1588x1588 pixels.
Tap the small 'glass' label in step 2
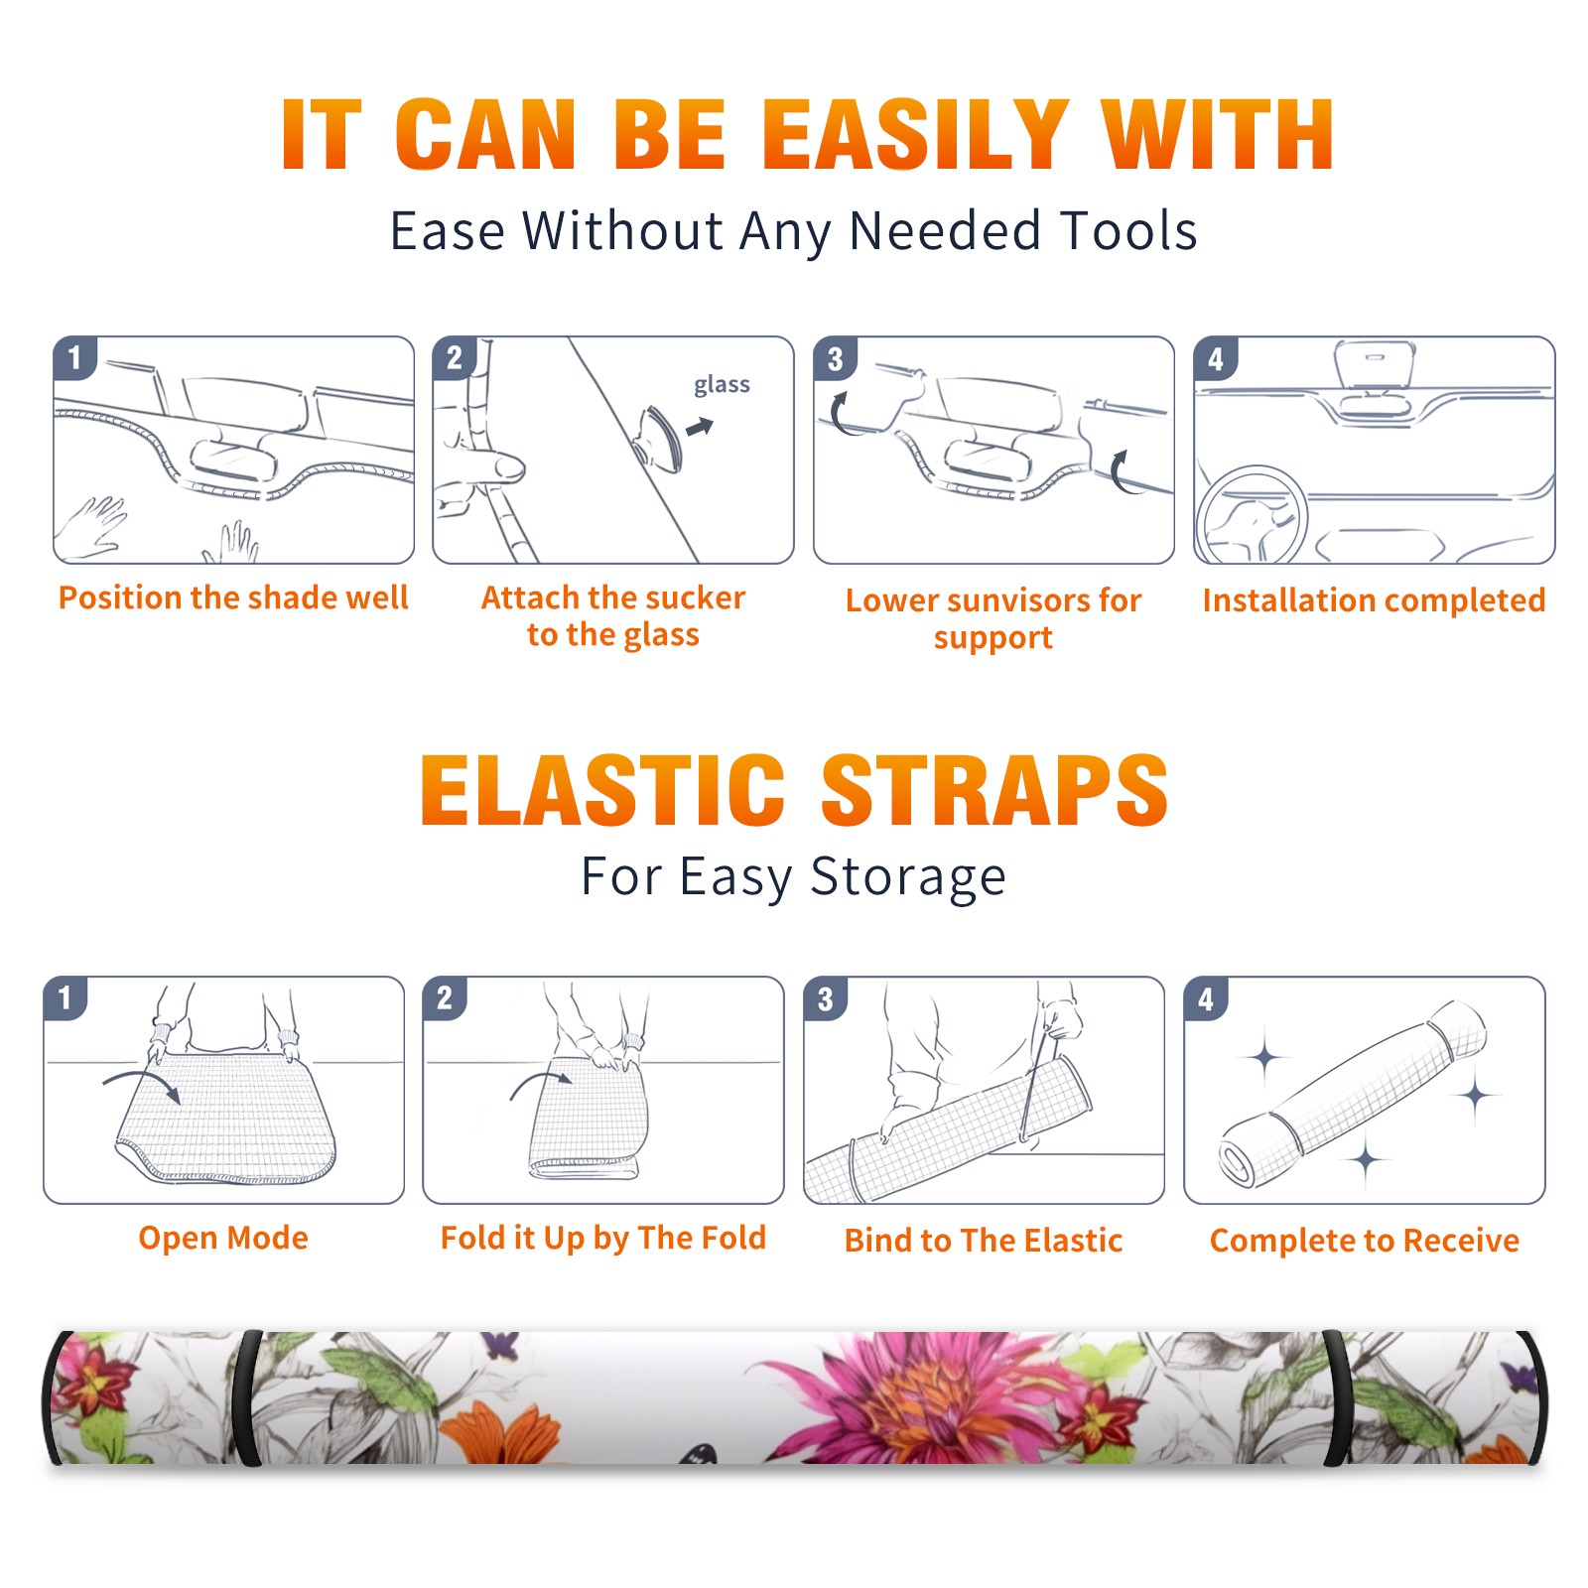pyautogui.click(x=722, y=385)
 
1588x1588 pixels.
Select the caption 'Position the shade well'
pyautogui.click(x=233, y=597)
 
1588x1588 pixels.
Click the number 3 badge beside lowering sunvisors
pyautogui.click(x=835, y=358)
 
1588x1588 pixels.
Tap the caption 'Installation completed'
pyautogui.click(x=1374, y=599)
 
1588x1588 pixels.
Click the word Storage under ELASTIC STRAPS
pyautogui.click(x=908, y=877)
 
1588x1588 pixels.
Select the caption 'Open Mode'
pyautogui.click(x=223, y=1238)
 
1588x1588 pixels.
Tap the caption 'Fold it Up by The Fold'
pyautogui.click(x=603, y=1238)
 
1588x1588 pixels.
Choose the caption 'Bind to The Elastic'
pyautogui.click(x=984, y=1241)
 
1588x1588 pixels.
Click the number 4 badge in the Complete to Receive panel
pyautogui.click(x=1205, y=998)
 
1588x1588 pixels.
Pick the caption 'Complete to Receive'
pyautogui.click(x=1365, y=1241)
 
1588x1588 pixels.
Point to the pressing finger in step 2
pyautogui.click(x=490, y=466)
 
